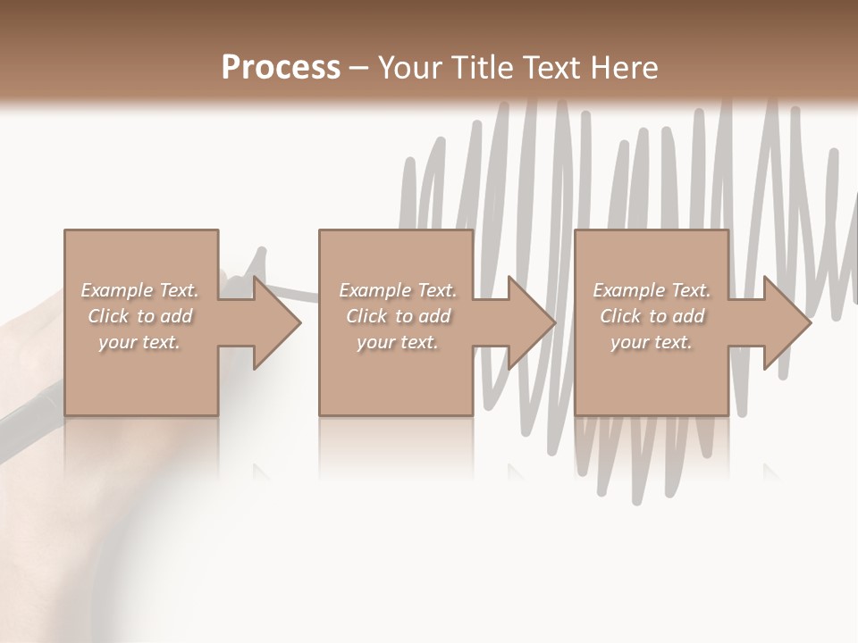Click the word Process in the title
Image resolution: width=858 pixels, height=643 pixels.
pos(281,68)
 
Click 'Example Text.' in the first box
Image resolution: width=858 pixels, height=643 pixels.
pos(139,290)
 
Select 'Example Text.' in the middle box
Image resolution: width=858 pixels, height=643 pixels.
pos(398,290)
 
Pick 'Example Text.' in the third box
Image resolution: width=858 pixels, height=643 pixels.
pos(652,290)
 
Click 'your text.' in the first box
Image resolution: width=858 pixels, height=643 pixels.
pos(139,342)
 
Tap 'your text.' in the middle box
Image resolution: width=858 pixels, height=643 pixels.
pos(398,342)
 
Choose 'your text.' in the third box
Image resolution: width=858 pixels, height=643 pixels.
pos(652,342)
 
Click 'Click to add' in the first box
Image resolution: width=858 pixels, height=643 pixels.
pos(139,316)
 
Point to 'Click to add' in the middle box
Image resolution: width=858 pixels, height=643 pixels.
pos(398,316)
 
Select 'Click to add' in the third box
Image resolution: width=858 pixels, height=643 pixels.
pos(652,316)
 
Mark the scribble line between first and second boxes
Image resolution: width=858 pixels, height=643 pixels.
pos(307,293)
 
